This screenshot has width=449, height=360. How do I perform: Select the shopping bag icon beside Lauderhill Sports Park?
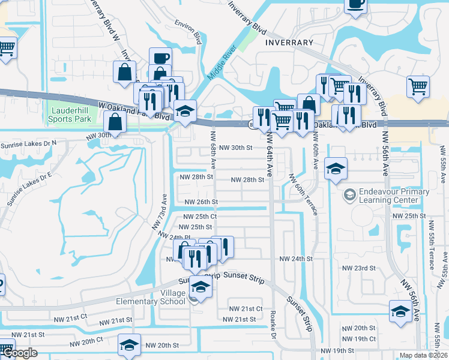(115, 123)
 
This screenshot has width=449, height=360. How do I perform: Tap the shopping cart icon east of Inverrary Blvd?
(418, 86)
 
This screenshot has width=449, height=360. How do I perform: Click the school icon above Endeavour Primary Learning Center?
(336, 169)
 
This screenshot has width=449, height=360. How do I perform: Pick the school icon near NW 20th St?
(129, 345)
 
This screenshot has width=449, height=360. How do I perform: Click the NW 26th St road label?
(200, 202)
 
